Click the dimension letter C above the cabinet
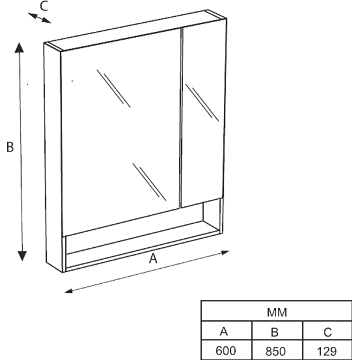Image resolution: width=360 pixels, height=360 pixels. [44, 6]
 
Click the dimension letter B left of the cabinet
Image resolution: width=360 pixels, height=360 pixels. [10, 147]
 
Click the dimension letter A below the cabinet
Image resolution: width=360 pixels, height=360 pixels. [153, 258]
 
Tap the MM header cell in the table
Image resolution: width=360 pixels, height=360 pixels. [277, 313]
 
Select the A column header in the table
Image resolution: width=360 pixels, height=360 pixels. [224, 332]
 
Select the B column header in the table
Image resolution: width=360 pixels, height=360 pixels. [275, 332]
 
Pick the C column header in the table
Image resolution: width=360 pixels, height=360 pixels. [328, 332]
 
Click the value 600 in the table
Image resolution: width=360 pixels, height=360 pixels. [226, 350]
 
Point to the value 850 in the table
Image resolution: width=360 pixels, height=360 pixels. [275, 351]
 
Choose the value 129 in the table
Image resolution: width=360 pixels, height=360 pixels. [327, 351]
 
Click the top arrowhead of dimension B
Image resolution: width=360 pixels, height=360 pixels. [19, 47]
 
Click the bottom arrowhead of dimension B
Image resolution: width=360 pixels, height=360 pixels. [22, 256]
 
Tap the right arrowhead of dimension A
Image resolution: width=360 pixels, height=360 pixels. [225, 253]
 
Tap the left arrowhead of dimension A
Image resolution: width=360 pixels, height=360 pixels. [68, 291]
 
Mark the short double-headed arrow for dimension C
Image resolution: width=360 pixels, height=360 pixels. [40, 18]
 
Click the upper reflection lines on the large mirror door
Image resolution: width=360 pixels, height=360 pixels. [113, 88]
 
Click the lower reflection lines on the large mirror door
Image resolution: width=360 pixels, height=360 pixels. [149, 182]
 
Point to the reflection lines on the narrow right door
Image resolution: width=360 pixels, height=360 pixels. [202, 103]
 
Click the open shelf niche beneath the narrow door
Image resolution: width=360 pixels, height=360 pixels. [212, 215]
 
